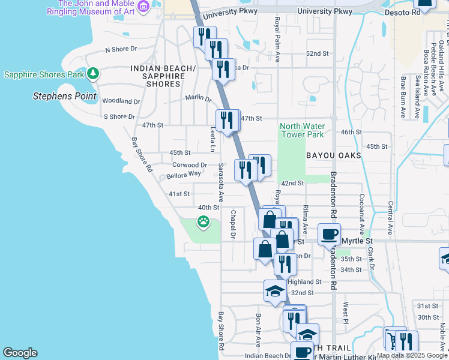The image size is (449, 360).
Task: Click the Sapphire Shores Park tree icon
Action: (92, 74)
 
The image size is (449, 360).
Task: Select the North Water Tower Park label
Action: (303, 130)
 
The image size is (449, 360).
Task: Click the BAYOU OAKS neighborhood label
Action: (334, 155)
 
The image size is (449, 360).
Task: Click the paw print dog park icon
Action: (205, 223)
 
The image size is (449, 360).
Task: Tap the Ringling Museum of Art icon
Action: (143, 7)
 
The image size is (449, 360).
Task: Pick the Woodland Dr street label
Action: (121, 101)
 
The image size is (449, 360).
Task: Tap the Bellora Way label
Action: (184, 174)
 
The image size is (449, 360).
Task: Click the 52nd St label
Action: (318, 53)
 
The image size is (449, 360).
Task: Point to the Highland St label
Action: (304, 281)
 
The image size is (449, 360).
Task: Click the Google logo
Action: (20, 353)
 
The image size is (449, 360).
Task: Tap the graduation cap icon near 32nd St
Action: (274, 291)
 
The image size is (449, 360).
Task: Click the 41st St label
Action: (179, 194)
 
